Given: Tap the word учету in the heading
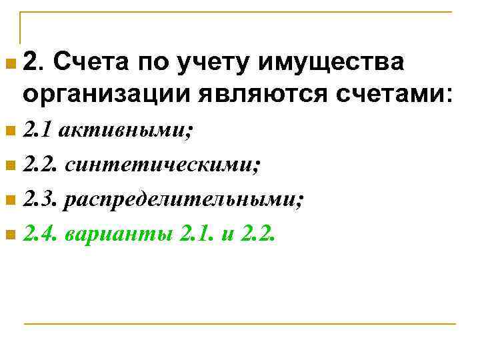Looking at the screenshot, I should click(213, 64).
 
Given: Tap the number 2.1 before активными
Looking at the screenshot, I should click(37, 131).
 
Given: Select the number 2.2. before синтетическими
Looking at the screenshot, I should click(41, 165).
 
